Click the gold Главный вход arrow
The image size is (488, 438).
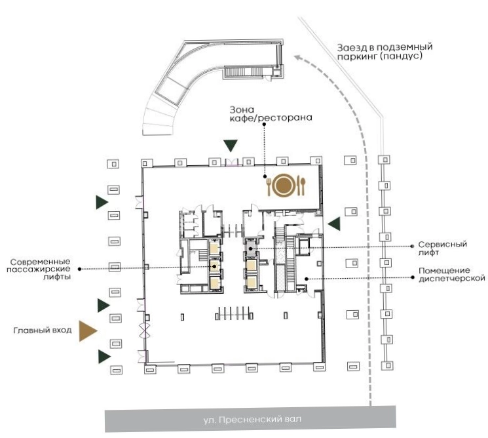[88, 330]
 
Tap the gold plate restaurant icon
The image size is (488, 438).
[284, 186]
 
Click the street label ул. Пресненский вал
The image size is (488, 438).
[252, 419]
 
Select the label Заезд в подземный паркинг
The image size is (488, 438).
[385, 52]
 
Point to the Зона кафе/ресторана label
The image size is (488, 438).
[271, 114]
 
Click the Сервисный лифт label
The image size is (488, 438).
[442, 249]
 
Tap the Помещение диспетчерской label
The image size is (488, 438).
[451, 275]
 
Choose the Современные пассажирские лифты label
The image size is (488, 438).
[39, 269]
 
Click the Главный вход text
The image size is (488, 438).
[43, 330]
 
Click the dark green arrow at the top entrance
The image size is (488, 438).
[231, 145]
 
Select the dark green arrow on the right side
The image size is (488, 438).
[335, 224]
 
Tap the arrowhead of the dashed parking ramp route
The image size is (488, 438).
[298, 58]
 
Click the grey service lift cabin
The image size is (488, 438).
[250, 248]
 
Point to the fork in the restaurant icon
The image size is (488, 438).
[269, 188]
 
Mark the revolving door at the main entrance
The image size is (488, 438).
[145, 330]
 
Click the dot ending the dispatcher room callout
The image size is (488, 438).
[307, 279]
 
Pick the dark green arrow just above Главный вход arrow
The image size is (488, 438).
[103, 306]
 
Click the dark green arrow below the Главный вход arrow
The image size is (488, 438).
[104, 357]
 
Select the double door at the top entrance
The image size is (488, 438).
[231, 163]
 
